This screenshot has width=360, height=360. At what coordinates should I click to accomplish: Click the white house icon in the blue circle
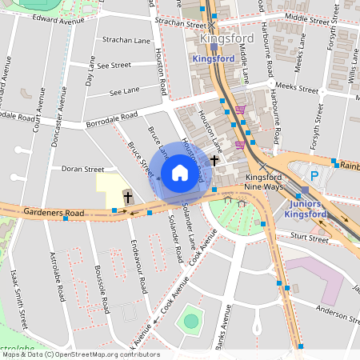(x=180, y=173)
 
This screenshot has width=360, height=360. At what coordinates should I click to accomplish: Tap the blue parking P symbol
(x=314, y=175)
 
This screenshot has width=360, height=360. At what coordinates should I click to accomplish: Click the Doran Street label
(x=83, y=170)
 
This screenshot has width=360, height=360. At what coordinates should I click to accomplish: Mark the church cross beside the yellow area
(x=126, y=195)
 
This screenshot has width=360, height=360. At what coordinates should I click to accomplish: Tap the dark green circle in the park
(x=190, y=322)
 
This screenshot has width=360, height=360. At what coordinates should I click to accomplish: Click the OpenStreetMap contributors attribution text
(x=104, y=354)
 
